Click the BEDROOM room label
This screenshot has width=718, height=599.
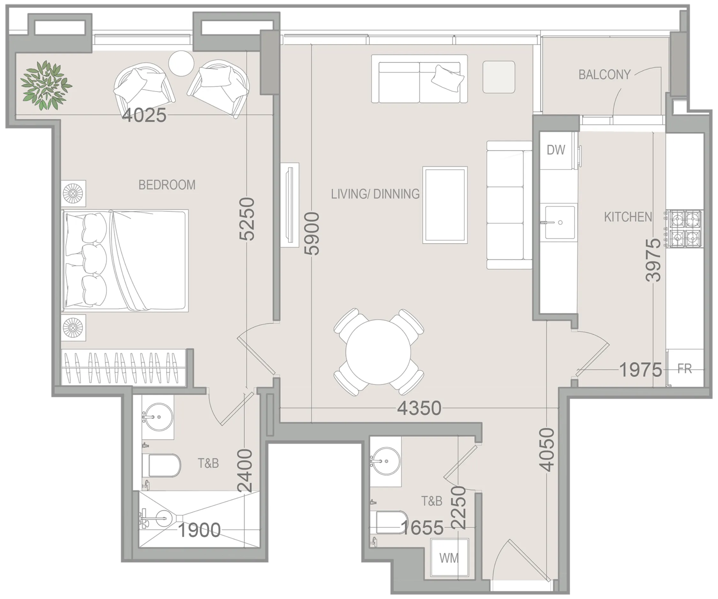click(x=167, y=185)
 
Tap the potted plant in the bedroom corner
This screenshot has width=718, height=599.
click(x=46, y=86)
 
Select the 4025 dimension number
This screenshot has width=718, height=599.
click(x=144, y=115)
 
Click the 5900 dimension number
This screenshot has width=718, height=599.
click(x=312, y=233)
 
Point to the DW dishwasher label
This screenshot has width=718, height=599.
click(x=556, y=150)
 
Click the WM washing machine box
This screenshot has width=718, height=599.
click(x=449, y=558)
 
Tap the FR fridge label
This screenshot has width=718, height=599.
click(x=684, y=368)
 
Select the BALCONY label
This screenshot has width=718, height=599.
click(x=604, y=75)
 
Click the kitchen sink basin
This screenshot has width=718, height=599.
click(x=559, y=222)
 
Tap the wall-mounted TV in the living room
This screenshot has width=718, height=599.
click(x=290, y=205)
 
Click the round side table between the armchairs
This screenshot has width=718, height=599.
click(x=181, y=63)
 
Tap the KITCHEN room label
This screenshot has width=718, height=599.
click(x=628, y=217)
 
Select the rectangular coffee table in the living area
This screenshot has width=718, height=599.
click(x=445, y=205)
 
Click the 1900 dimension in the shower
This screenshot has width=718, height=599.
click(x=199, y=530)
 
